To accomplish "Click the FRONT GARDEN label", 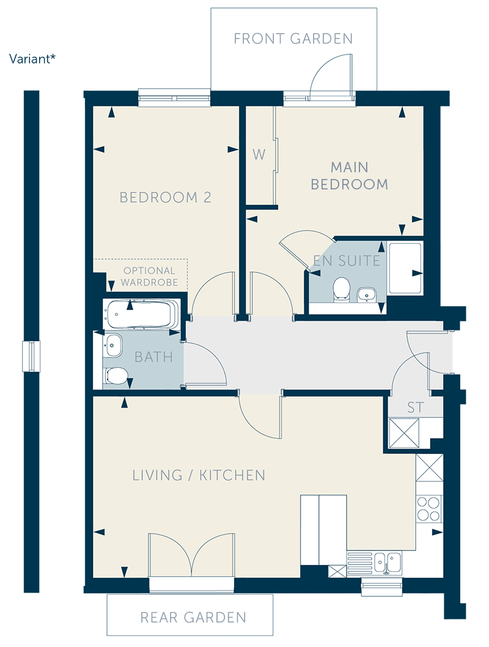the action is (293, 38).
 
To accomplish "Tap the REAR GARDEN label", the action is (193, 617).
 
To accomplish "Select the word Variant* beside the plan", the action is (32, 59).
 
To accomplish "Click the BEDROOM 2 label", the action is (165, 197).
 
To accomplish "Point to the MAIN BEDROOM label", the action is (349, 175).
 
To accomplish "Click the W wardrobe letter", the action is (259, 155).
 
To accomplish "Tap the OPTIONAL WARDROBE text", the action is (149, 277).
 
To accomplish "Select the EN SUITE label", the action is (347, 260).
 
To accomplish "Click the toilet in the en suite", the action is (341, 288).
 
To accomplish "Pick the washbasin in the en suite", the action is (366, 294).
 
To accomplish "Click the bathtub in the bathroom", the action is (141, 314).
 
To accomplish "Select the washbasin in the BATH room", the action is (113, 345).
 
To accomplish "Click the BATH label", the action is (153, 357).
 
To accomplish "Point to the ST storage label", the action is (415, 408).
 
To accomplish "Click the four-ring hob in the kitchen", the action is (428, 509).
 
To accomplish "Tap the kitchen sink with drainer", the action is (374, 563).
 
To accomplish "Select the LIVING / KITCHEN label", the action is (199, 475).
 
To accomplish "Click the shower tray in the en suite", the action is (405, 268).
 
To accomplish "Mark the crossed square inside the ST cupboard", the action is (404, 433).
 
